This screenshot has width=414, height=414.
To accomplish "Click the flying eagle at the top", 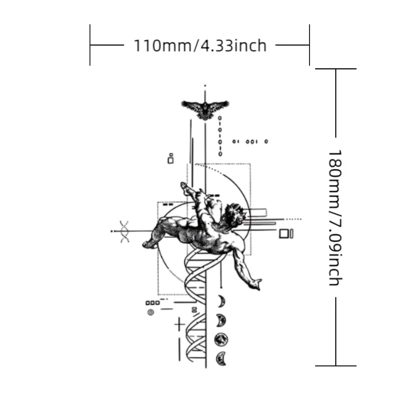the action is pyautogui.click(x=205, y=109).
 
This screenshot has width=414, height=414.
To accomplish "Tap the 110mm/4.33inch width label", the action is pyautogui.click(x=200, y=46).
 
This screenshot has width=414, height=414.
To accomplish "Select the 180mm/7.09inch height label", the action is pyautogui.click(x=335, y=217).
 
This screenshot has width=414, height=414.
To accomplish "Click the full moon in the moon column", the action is pyautogui.click(x=221, y=339).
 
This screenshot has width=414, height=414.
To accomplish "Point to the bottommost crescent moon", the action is pyautogui.click(x=221, y=359).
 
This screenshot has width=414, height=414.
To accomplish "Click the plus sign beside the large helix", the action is pyautogui.click(x=180, y=324).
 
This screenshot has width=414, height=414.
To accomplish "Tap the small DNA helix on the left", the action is pyautogui.click(x=124, y=231).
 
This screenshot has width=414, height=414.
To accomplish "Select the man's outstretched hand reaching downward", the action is pyautogui.click(x=255, y=284).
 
